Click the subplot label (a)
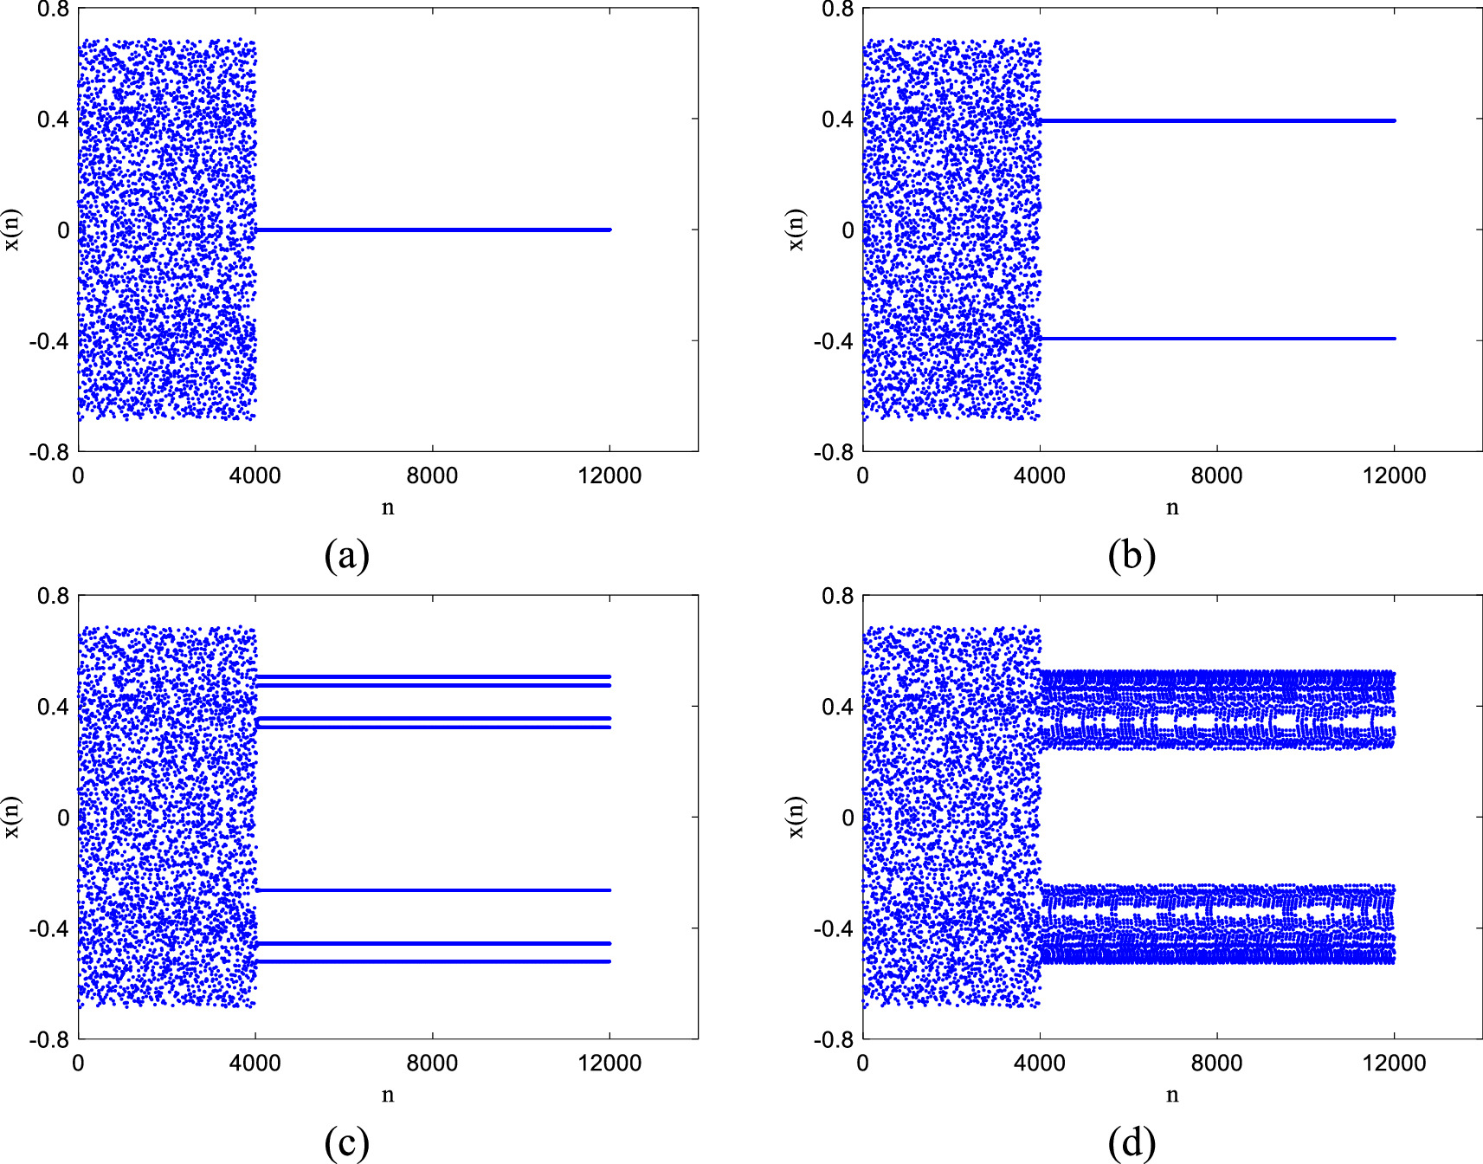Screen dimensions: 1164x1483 (x=346, y=555)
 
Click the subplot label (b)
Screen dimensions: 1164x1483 (x=1131, y=555)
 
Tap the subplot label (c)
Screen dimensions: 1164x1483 (x=346, y=1143)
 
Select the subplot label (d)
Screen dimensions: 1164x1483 (x=1131, y=1143)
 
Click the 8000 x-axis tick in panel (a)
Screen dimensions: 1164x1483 (x=432, y=475)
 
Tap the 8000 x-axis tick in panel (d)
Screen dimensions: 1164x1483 (x=1216, y=1063)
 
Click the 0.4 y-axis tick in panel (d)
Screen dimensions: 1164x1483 (x=838, y=707)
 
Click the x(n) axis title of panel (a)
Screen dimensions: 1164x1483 (x=13, y=230)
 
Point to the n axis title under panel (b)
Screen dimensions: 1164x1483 (x=1172, y=508)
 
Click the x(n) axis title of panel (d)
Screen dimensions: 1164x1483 (x=797, y=818)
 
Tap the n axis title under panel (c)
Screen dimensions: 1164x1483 (x=388, y=1095)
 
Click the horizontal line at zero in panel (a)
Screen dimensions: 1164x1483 (x=433, y=230)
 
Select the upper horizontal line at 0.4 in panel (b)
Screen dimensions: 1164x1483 (x=1216, y=120)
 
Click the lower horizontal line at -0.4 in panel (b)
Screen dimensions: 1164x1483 (x=1216, y=339)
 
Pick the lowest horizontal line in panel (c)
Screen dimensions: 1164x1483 (x=433, y=961)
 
